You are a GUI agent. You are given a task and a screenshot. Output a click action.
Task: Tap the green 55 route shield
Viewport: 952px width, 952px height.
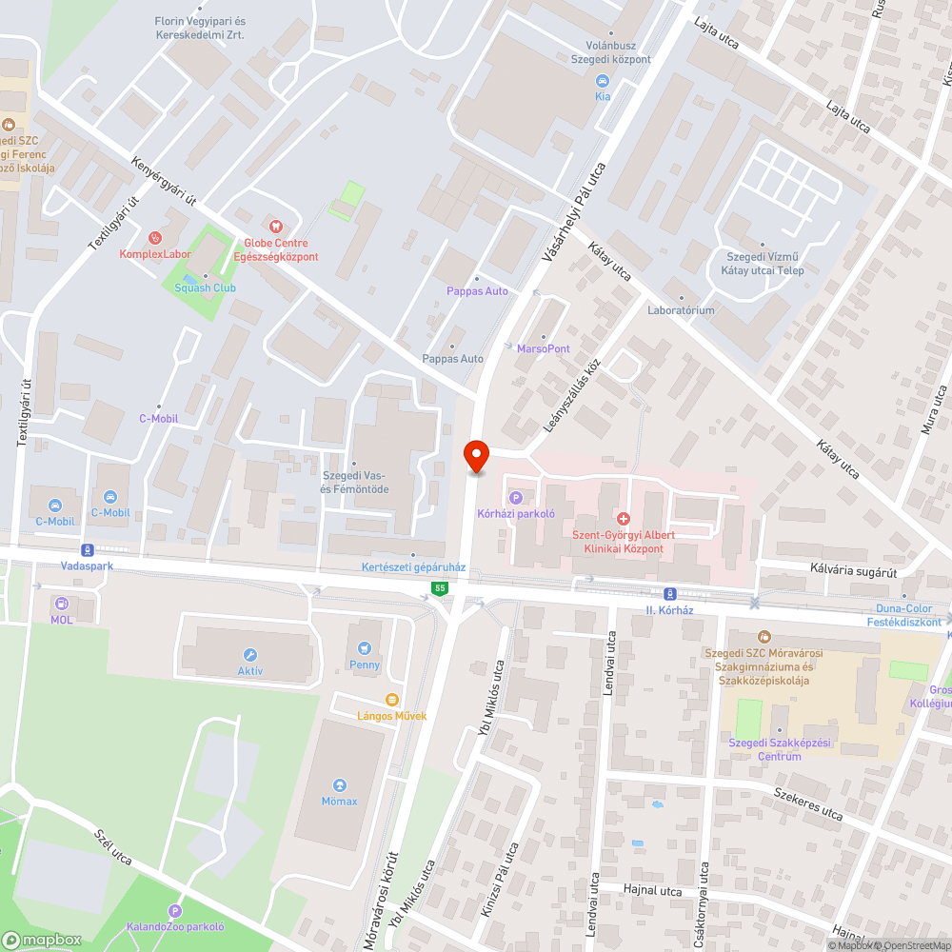[439, 588]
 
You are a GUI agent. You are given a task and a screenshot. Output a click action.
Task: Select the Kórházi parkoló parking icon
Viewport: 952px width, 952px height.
[516, 497]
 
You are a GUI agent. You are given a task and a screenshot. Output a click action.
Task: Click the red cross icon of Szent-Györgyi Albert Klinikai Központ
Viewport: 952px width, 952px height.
[624, 518]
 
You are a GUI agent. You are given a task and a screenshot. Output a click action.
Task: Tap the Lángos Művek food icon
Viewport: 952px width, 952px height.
[391, 700]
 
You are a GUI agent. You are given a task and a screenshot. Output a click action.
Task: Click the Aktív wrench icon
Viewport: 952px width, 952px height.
[250, 655]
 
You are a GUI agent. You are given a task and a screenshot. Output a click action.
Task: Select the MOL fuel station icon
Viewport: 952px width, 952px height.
[62, 603]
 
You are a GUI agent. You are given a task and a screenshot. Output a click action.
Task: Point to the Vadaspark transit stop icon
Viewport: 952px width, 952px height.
[87, 549]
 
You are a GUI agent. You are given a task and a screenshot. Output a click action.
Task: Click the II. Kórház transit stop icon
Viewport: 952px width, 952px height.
[670, 592]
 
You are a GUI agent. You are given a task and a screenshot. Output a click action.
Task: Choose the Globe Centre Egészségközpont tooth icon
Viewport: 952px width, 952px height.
[275, 227]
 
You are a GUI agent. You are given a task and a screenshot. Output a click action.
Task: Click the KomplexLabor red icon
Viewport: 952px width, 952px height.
[155, 237]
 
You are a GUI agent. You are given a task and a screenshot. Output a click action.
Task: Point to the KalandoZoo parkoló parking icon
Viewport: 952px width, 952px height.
[174, 911]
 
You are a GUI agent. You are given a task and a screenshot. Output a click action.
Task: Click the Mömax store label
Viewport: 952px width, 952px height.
[339, 801]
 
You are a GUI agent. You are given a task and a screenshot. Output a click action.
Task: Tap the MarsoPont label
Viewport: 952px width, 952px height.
[544, 348]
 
